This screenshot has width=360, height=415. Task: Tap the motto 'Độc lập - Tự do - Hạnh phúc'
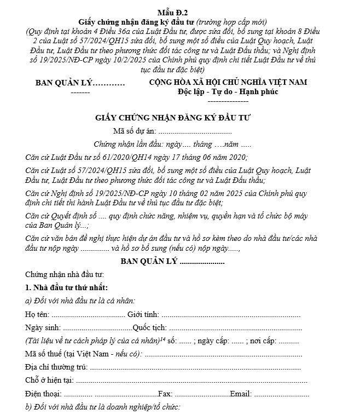228,91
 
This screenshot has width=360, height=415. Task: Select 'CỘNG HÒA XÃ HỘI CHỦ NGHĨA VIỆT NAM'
228,82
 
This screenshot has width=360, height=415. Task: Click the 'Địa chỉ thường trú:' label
56,367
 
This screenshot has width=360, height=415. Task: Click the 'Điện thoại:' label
43,394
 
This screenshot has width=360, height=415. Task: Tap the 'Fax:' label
165,394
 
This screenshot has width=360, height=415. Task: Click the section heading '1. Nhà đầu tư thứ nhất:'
66,288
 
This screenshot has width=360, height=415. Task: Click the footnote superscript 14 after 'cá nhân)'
162,338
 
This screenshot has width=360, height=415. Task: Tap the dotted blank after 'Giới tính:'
230,315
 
